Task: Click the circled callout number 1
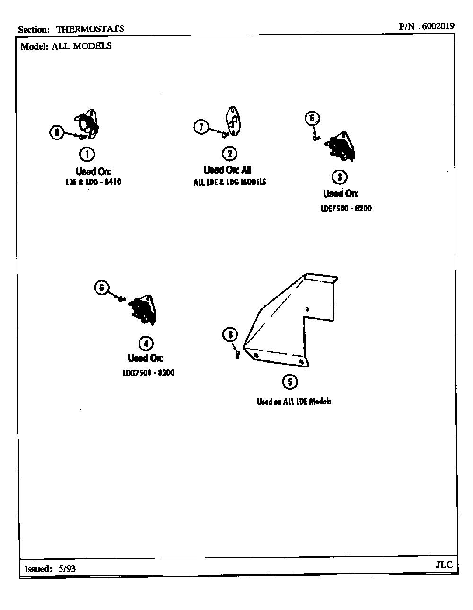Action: [87, 154]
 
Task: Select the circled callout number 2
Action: [230, 154]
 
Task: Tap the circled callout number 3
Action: [340, 177]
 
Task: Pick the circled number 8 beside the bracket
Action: [230, 335]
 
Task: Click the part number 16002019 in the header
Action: [436, 26]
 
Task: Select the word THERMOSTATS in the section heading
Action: [90, 29]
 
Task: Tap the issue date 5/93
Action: [67, 568]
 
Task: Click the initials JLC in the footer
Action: [444, 565]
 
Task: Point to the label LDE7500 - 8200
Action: [346, 208]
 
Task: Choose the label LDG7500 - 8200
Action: [149, 373]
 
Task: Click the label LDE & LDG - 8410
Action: [93, 182]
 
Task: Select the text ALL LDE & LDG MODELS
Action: [230, 182]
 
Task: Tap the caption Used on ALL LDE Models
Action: [294, 401]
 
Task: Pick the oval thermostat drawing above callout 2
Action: [233, 121]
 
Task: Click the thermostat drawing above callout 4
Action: [142, 310]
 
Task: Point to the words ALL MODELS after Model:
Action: [81, 46]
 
